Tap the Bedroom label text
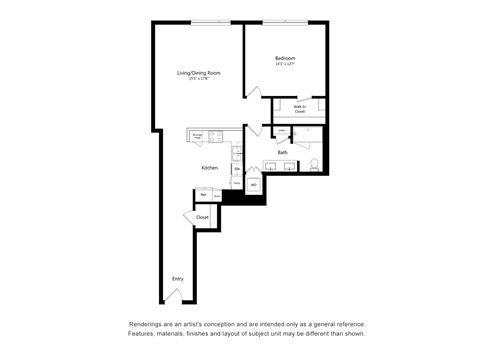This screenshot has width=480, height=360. coord(286,59)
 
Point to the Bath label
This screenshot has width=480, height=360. coord(283,152)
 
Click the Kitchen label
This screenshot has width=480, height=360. coord(209,168)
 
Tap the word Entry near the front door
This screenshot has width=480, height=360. coord(178,279)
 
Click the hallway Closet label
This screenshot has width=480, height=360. coord(202,217)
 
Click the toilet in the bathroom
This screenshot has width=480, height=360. coord(313,164)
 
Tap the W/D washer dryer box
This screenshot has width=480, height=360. coord(254,185)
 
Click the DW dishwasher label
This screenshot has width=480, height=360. coord(237,170)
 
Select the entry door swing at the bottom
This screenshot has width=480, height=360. coord(175,295)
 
